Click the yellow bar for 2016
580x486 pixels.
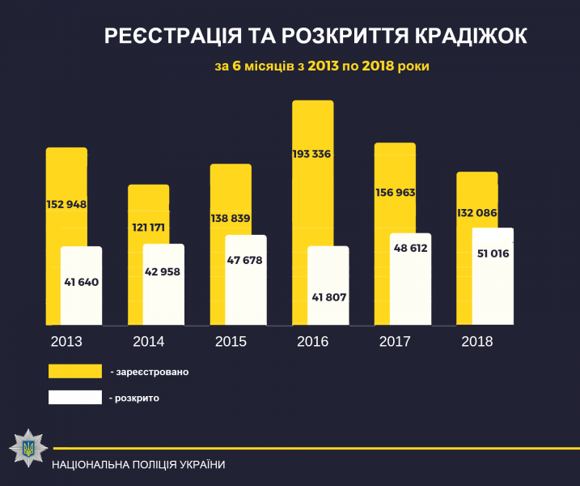(312, 194)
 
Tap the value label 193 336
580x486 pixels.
(312, 154)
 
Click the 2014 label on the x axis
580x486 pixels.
(148, 342)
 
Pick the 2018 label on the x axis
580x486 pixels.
(477, 342)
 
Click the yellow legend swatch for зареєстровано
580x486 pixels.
(74, 371)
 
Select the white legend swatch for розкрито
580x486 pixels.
(74, 398)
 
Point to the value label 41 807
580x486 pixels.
(328, 297)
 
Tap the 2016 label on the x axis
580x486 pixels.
(312, 342)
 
